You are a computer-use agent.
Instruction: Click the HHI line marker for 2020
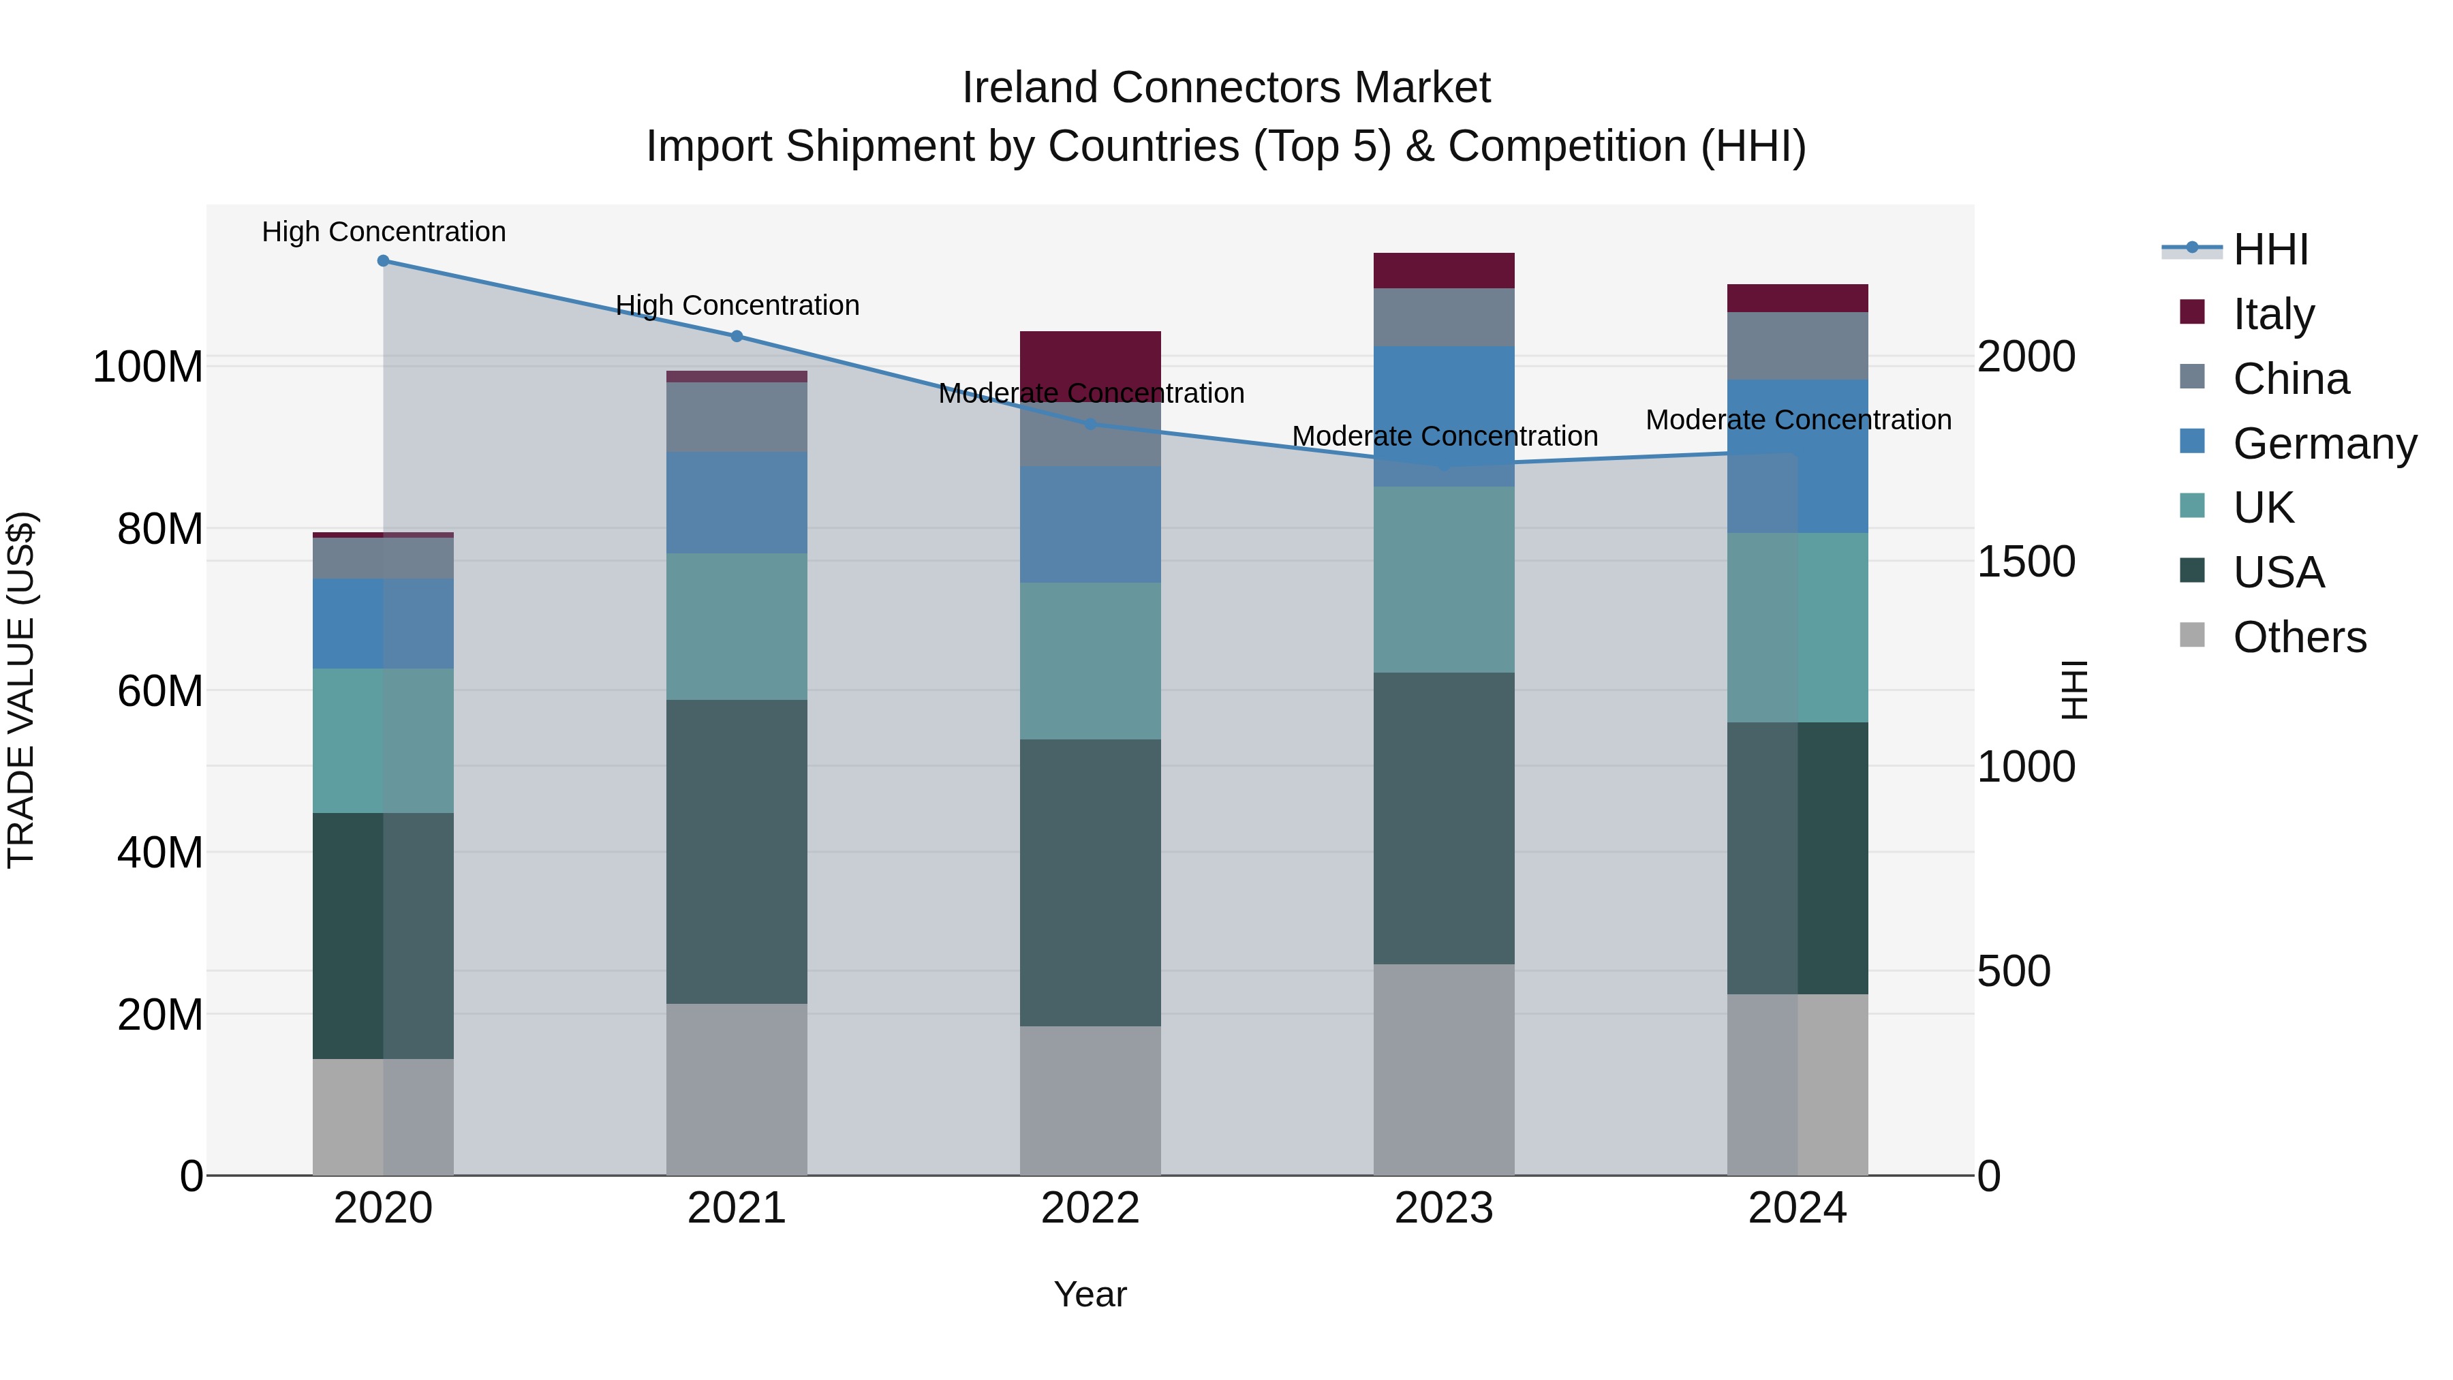(x=383, y=260)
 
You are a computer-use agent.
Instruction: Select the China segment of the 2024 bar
(x=1797, y=346)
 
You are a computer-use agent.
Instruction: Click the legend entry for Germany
(x=2324, y=444)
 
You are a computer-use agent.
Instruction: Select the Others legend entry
(x=2299, y=637)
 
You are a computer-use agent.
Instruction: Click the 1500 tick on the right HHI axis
(x=2026, y=562)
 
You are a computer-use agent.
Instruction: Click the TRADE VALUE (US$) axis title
(x=21, y=690)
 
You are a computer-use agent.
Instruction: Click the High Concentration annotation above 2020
(x=383, y=232)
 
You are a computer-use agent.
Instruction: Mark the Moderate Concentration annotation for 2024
(x=1797, y=419)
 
